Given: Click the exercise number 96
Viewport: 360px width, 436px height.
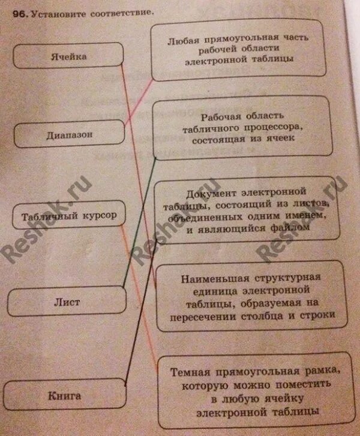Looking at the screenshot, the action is pyautogui.click(x=19, y=11).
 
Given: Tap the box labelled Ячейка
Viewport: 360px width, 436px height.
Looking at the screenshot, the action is pyautogui.click(x=68, y=57).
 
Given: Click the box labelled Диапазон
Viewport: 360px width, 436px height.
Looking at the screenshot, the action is pyautogui.click(x=69, y=135).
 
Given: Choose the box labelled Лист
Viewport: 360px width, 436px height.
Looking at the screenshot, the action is pyautogui.click(x=70, y=302).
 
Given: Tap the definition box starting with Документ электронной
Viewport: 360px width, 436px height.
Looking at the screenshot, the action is pyautogui.click(x=247, y=210).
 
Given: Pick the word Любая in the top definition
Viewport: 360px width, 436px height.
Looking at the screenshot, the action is pyautogui.click(x=181, y=37).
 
